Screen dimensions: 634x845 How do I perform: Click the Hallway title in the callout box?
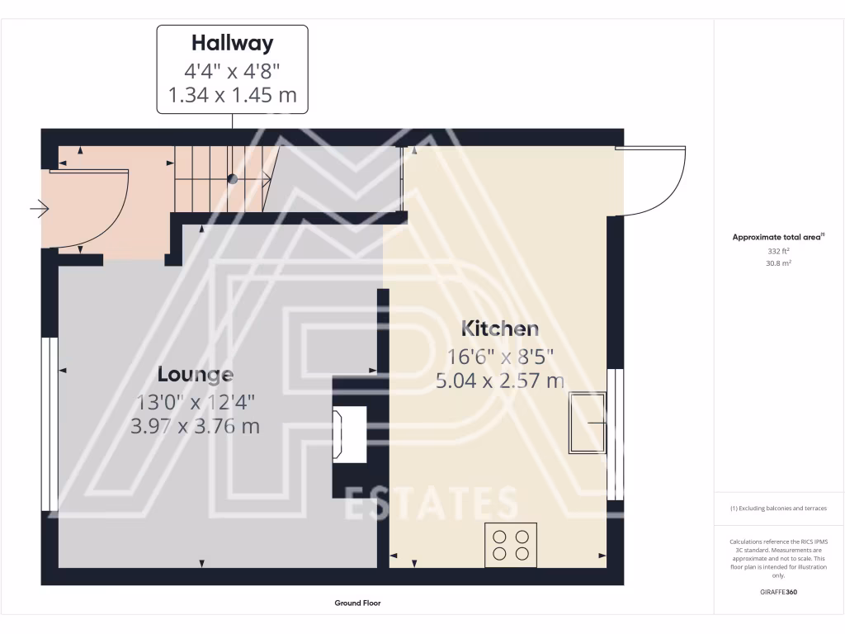tap(232, 43)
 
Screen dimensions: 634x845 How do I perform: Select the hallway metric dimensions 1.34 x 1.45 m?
tap(232, 95)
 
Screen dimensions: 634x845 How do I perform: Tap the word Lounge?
tap(196, 374)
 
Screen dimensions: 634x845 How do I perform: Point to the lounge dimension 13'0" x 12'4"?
tap(196, 402)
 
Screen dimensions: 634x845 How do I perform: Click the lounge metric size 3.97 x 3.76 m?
tap(196, 426)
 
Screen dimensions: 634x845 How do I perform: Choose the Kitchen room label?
tap(500, 329)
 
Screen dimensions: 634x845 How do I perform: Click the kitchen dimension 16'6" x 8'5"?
tap(500, 356)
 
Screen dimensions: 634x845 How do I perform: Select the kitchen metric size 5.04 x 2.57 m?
tap(500, 381)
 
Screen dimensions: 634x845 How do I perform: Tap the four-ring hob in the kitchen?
tap(511, 545)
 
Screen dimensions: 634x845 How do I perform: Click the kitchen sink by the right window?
tap(588, 423)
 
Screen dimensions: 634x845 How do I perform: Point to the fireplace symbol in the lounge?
tap(348, 435)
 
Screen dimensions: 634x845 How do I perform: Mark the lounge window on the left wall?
tap(50, 423)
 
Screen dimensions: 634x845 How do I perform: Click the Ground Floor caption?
tap(357, 603)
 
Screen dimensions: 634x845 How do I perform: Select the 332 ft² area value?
tap(778, 250)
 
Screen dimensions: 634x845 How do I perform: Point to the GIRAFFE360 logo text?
tap(778, 592)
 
